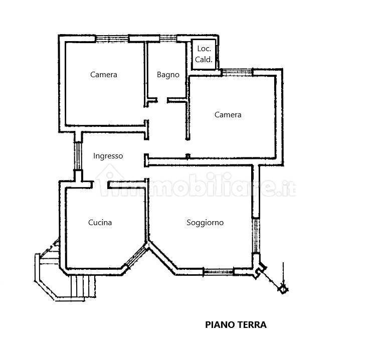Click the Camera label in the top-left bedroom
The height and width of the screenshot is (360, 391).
click(x=104, y=75)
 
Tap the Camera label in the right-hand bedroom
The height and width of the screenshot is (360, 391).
click(x=228, y=115)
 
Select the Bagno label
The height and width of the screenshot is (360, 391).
click(x=168, y=75)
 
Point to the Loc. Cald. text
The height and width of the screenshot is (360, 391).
click(x=204, y=54)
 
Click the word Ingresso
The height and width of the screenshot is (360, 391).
click(x=108, y=156)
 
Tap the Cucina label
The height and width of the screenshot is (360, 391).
click(x=100, y=223)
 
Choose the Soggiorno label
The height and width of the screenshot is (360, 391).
click(x=205, y=223)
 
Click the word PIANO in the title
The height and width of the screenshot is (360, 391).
click(x=219, y=324)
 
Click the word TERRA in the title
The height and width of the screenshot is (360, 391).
click(x=252, y=324)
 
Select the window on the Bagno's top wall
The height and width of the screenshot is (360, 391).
click(x=166, y=38)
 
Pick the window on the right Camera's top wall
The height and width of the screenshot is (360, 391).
click(x=237, y=73)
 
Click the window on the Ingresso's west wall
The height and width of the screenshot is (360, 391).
click(x=78, y=156)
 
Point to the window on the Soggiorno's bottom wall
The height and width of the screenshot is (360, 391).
click(x=219, y=272)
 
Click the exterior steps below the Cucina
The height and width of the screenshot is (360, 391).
click(x=80, y=286)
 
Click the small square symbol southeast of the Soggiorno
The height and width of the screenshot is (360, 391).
click(x=283, y=288)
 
